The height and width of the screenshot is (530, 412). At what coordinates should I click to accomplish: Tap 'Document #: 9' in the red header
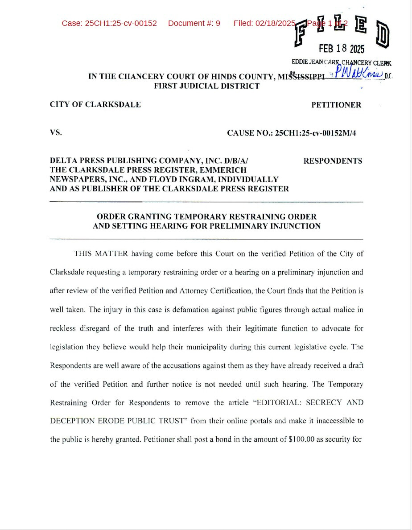tap(194, 23)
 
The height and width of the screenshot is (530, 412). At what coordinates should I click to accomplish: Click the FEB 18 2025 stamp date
tap(341, 49)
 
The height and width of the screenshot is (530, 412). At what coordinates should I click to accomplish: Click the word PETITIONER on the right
tap(336, 105)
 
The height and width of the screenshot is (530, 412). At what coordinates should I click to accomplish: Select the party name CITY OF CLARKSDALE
tap(95, 105)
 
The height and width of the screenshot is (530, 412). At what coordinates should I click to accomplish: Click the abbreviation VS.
tap(56, 132)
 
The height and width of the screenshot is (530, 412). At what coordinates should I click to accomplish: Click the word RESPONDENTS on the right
tap(333, 161)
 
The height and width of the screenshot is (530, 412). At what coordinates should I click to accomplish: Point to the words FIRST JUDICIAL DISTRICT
tap(206, 86)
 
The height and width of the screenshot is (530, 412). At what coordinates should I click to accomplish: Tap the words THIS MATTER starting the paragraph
tap(101, 254)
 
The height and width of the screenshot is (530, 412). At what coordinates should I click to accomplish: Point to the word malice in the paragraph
tap(339, 310)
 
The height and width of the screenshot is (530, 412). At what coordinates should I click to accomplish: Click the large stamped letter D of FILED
tap(383, 35)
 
